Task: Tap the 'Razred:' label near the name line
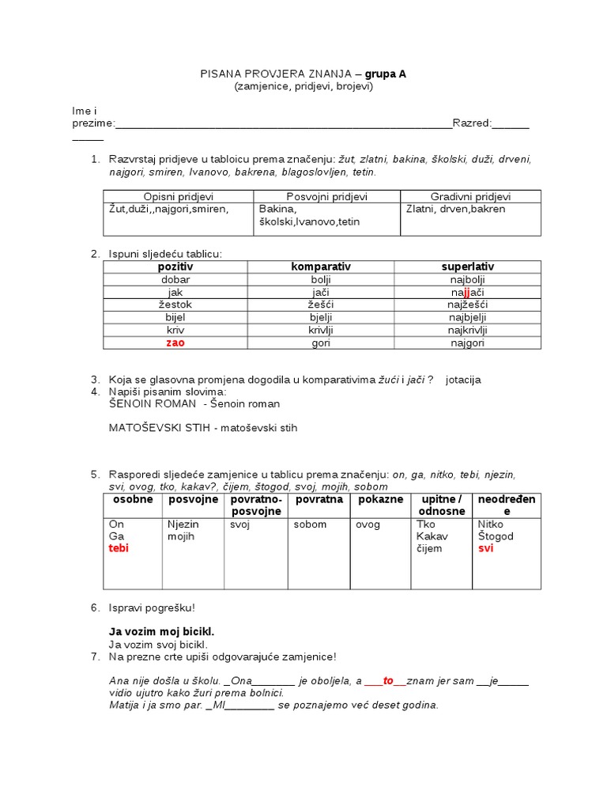(472, 123)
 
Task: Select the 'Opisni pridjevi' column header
(179, 196)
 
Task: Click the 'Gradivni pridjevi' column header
(470, 196)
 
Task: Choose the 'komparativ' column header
(321, 267)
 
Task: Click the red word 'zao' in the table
(175, 343)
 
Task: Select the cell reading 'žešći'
(321, 305)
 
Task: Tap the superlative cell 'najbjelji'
(468, 318)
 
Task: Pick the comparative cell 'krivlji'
(321, 331)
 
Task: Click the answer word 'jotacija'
(474, 380)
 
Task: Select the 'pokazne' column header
(380, 500)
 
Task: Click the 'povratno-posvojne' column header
(256, 505)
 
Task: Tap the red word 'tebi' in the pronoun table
(119, 549)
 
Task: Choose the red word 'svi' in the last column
(485, 549)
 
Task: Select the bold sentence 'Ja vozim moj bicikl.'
(161, 632)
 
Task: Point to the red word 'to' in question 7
(388, 681)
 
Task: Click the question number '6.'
(95, 607)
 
